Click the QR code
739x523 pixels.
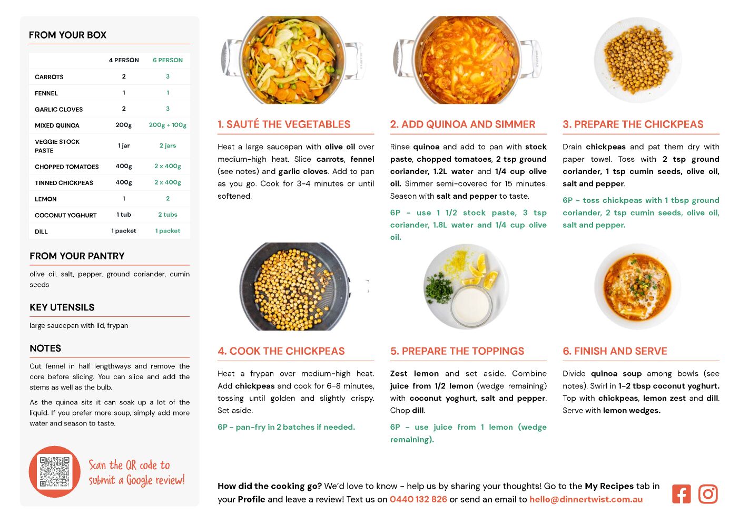pos(55,471)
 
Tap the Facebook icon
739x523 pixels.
pos(681,494)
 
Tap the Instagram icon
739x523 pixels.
pos(708,494)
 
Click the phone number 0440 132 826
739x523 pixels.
pos(418,499)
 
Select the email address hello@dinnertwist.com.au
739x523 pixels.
pos(586,499)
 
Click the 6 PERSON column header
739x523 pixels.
pos(167,60)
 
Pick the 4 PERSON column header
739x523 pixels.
pos(124,60)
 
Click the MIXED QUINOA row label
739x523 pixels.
pos(57,125)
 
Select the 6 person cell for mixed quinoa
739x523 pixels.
pos(167,125)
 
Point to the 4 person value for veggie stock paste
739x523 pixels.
pos(124,146)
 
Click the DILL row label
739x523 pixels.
pos(41,232)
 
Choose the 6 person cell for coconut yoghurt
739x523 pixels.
pos(167,215)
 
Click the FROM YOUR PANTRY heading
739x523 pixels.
pos(77,256)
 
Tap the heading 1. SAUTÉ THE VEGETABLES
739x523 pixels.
pos(284,124)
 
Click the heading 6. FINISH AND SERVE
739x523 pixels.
pos(615,351)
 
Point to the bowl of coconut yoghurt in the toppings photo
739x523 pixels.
pos(471,304)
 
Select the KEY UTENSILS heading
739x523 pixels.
pos(62,307)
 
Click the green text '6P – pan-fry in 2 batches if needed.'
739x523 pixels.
pos(287,427)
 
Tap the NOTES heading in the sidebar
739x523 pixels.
pos(45,348)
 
